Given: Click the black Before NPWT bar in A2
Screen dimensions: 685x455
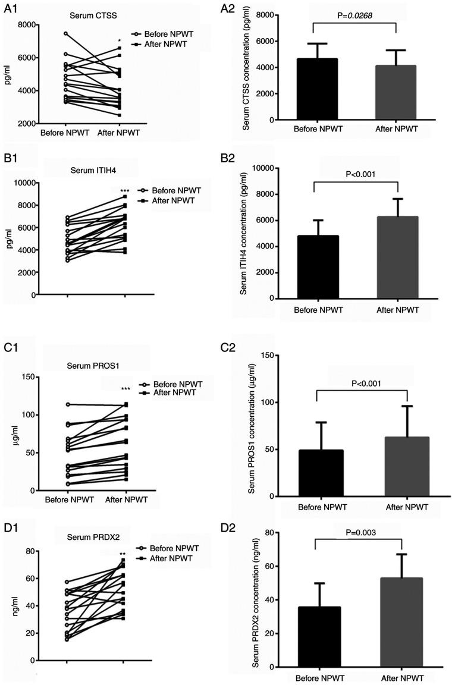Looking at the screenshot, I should pyautogui.click(x=313, y=89).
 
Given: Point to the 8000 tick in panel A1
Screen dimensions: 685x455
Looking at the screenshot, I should pyautogui.click(x=27, y=24).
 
